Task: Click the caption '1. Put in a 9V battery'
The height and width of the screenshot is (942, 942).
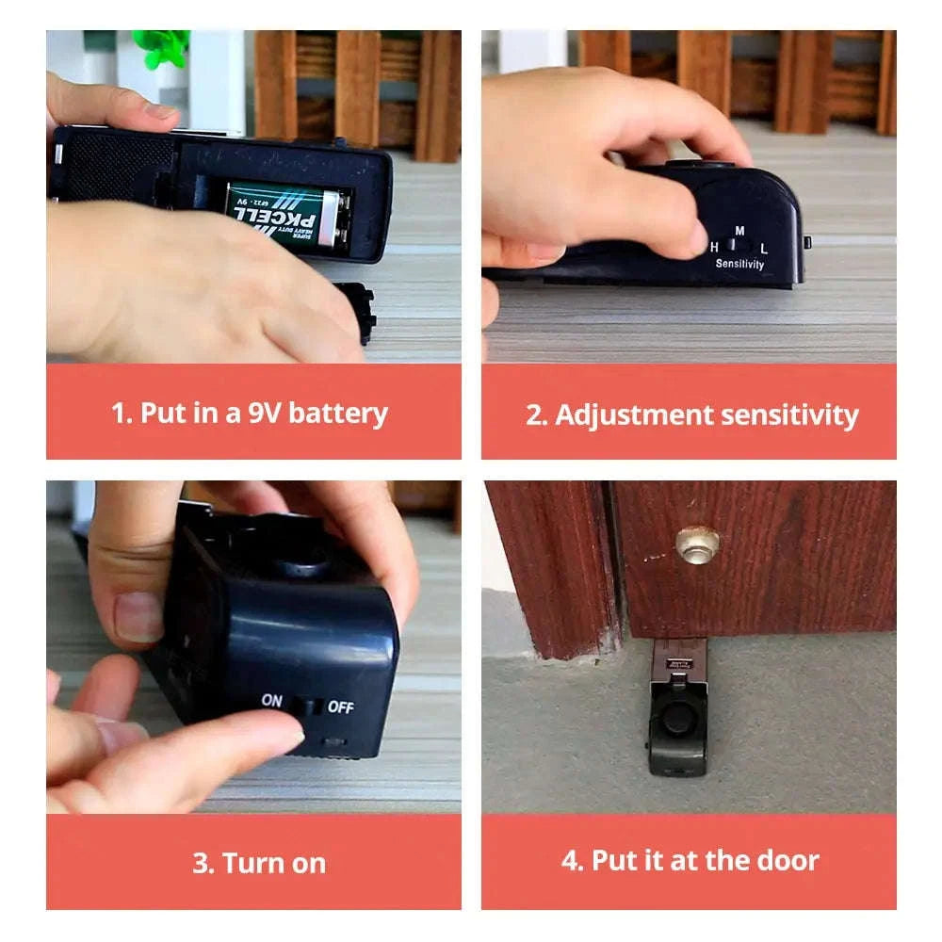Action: (x=250, y=413)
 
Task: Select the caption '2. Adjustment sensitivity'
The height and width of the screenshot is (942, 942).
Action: (x=691, y=415)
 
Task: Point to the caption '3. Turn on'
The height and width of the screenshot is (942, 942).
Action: (x=259, y=863)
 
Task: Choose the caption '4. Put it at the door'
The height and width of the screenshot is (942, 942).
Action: (x=690, y=860)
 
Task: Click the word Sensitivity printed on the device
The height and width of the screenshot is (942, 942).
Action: (x=739, y=265)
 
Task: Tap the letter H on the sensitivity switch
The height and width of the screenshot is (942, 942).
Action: (x=714, y=248)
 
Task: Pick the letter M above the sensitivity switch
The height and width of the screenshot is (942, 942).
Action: (x=739, y=231)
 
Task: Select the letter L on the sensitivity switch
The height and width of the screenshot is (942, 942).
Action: (x=764, y=248)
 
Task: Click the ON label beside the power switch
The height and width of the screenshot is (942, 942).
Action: (x=272, y=701)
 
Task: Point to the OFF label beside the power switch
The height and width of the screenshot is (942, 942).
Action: (x=340, y=706)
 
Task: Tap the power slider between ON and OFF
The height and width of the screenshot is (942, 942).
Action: (x=304, y=705)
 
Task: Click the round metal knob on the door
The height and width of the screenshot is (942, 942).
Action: (x=697, y=544)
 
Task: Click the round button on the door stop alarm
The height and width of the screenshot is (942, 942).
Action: (x=675, y=718)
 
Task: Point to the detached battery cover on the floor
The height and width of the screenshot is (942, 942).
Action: (x=358, y=312)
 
